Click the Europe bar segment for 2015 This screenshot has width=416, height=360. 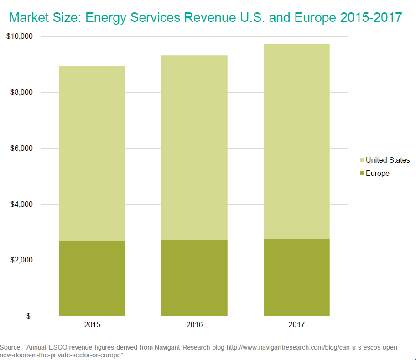pyautogui.click(x=92, y=278)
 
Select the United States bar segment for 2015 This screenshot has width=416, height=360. pyautogui.click(x=92, y=153)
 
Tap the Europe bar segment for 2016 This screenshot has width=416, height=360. pyautogui.click(x=194, y=278)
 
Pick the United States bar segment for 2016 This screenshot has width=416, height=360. pyautogui.click(x=194, y=148)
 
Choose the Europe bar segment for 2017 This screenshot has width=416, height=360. pyautogui.click(x=296, y=277)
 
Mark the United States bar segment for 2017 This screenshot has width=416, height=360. pyautogui.click(x=296, y=141)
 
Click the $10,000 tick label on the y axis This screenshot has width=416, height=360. pyautogui.click(x=20, y=36)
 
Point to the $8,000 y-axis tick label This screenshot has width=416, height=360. pyautogui.click(x=21, y=93)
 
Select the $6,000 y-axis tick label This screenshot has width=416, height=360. pyautogui.click(x=21, y=149)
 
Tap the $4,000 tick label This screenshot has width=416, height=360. pyautogui.click(x=21, y=204)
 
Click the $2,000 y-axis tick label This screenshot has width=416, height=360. pyautogui.click(x=21, y=260)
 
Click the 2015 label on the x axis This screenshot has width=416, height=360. pyautogui.click(x=92, y=325)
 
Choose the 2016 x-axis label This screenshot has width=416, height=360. pyautogui.click(x=194, y=325)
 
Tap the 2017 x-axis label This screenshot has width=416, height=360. pyautogui.click(x=296, y=325)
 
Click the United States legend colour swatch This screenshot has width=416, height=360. pyautogui.click(x=362, y=160)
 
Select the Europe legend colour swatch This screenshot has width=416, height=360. pyautogui.click(x=362, y=174)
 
